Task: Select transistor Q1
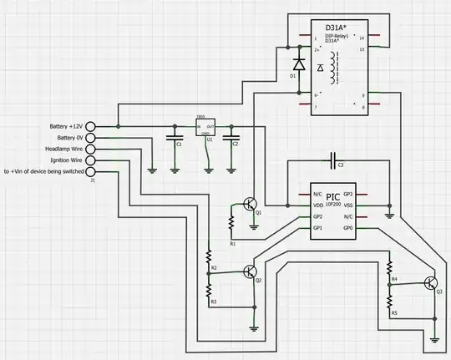click(x=248, y=205)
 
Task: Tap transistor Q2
click(x=248, y=271)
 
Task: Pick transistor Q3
click(x=430, y=283)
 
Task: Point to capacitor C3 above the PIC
click(x=333, y=158)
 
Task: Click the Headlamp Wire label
click(x=61, y=149)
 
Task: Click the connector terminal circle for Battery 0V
click(x=91, y=138)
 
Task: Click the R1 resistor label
click(x=232, y=242)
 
